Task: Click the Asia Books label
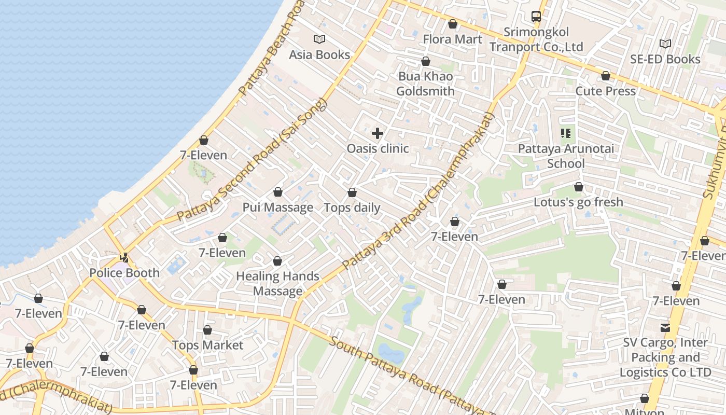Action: (319, 54)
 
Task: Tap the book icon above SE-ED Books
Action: (665, 44)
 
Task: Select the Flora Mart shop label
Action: (452, 39)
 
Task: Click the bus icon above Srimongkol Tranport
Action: (536, 17)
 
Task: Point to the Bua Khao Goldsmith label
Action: (425, 84)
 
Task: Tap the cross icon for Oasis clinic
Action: (378, 133)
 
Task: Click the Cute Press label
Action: (605, 91)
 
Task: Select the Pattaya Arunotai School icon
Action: (566, 133)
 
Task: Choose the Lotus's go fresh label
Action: (578, 202)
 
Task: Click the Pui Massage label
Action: (278, 208)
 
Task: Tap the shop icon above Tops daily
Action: (352, 193)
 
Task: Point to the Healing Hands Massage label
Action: (277, 283)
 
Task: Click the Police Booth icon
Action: (124, 257)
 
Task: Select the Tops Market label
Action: (207, 345)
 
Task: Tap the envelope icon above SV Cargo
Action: (665, 327)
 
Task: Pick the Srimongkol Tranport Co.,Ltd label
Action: (536, 39)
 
